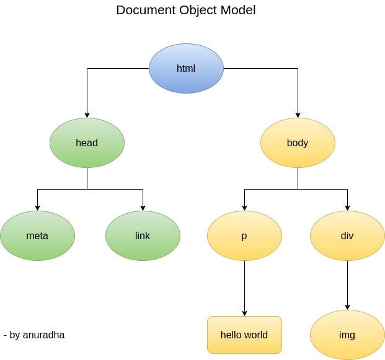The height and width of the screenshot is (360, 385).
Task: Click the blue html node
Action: pos(186,68)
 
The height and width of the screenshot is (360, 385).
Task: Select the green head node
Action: pos(87,143)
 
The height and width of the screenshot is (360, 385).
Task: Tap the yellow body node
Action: pos(298,143)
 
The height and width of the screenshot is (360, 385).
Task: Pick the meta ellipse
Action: pos(37,235)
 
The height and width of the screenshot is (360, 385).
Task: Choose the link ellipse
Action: pos(143,235)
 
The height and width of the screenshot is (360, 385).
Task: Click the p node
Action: pos(244,235)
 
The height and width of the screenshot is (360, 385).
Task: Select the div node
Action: pos(347,235)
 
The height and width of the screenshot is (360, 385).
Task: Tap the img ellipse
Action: pos(347,335)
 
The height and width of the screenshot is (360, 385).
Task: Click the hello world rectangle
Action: pos(244,335)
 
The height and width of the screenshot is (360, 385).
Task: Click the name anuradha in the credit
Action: pos(43,335)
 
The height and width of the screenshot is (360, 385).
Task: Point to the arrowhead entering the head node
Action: pos(87,115)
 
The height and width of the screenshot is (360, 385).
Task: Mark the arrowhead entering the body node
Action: pos(298,115)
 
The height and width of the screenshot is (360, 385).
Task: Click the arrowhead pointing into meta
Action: pos(37,208)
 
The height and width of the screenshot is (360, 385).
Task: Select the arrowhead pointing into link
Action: pos(143,208)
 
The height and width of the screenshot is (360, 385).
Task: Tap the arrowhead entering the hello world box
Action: pos(244,313)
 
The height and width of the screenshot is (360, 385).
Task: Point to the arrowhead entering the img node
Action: pos(347,307)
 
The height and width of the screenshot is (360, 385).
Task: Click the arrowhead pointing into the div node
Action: pos(347,208)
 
